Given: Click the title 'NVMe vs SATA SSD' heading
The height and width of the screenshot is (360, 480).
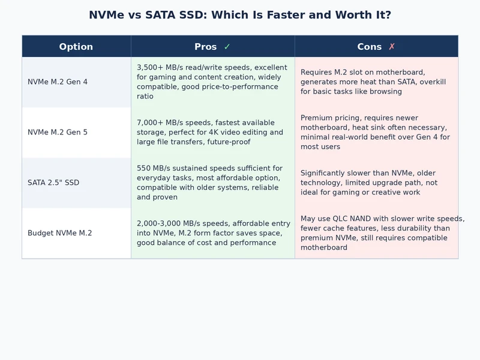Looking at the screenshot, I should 239,15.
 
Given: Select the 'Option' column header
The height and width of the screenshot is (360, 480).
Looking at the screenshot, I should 76,47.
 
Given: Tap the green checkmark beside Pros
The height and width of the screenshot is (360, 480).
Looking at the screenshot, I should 227,47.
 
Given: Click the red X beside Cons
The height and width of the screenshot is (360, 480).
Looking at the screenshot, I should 392,47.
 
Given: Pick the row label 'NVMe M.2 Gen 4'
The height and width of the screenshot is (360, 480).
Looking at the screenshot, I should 58,82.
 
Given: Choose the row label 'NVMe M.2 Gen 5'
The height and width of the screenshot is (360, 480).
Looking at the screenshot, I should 58,132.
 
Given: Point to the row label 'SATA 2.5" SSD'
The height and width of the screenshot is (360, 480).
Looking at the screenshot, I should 53,182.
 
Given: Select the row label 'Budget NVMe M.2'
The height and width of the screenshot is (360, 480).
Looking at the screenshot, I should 60,233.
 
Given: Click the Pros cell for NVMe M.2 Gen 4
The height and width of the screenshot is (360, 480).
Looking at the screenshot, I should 212,82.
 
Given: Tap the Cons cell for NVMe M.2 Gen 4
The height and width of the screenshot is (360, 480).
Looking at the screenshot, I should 376,82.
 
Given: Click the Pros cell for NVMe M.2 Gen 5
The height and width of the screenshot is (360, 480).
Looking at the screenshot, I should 212,132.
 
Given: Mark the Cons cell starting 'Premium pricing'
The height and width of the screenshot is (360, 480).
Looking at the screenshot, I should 376,132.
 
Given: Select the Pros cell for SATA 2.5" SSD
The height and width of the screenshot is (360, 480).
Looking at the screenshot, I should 212,182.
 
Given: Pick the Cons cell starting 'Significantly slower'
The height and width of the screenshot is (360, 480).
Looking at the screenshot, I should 376,182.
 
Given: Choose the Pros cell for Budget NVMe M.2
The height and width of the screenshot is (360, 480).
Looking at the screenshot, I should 212,233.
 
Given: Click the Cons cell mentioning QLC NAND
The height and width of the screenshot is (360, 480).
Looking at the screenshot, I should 376,233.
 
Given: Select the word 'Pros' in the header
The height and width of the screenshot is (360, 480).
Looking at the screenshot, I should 206,47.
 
